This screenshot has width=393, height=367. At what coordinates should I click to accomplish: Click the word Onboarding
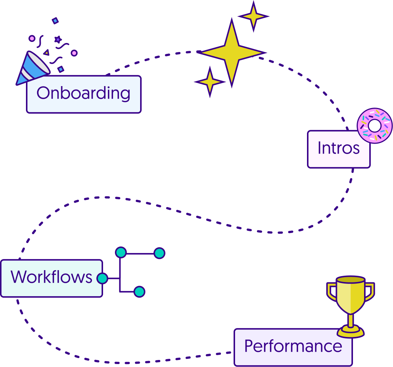83,93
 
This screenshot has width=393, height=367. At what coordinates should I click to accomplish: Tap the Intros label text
338,148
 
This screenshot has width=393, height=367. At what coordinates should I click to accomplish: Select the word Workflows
51,277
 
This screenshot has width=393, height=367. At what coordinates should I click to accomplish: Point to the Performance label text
293,346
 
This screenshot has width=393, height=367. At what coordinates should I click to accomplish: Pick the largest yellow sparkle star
232,53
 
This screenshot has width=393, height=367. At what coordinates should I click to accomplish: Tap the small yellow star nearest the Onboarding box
210,82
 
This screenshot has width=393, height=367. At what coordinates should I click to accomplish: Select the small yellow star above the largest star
253,16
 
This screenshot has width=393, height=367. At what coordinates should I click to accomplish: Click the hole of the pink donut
374,125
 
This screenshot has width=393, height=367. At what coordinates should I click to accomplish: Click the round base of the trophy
351,331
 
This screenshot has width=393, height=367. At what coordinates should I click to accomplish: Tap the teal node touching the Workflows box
102,278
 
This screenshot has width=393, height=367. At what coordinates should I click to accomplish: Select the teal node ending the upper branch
159,253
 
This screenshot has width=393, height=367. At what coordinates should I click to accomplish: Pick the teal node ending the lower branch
139,292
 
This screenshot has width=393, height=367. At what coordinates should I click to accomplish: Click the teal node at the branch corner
120,253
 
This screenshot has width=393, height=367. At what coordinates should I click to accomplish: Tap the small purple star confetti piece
58,39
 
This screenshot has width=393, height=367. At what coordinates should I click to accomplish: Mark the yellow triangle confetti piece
46,53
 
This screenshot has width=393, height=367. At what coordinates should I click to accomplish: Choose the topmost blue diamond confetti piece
55,21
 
